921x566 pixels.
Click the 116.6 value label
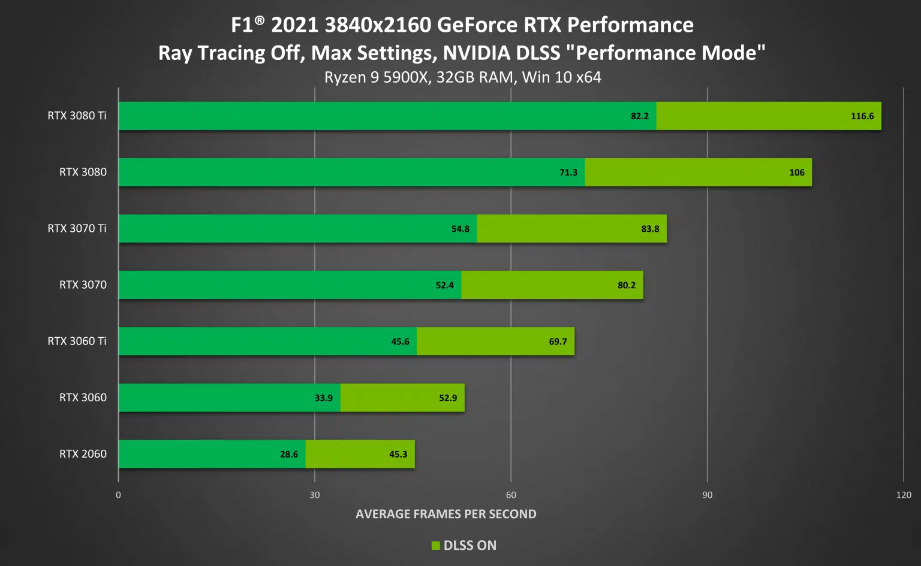click(862, 116)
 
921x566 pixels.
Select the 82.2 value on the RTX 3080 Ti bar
click(639, 116)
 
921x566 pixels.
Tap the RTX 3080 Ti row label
click(77, 116)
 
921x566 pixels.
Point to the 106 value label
click(796, 172)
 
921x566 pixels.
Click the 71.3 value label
click(568, 172)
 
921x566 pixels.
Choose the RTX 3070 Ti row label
click(77, 228)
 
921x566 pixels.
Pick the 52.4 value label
click(444, 285)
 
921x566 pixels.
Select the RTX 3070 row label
click(83, 284)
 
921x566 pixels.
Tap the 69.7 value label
click(558, 341)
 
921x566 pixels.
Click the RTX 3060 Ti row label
click(77, 341)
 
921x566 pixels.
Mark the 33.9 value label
click(323, 398)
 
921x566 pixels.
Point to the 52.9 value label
click(447, 398)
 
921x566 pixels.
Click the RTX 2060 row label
click(83, 453)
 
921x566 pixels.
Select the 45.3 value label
click(398, 454)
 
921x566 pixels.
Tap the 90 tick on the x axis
click(707, 495)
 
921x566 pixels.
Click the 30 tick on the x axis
click(314, 495)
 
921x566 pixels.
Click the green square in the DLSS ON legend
click(436, 546)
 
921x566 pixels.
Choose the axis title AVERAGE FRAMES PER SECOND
click(446, 514)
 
